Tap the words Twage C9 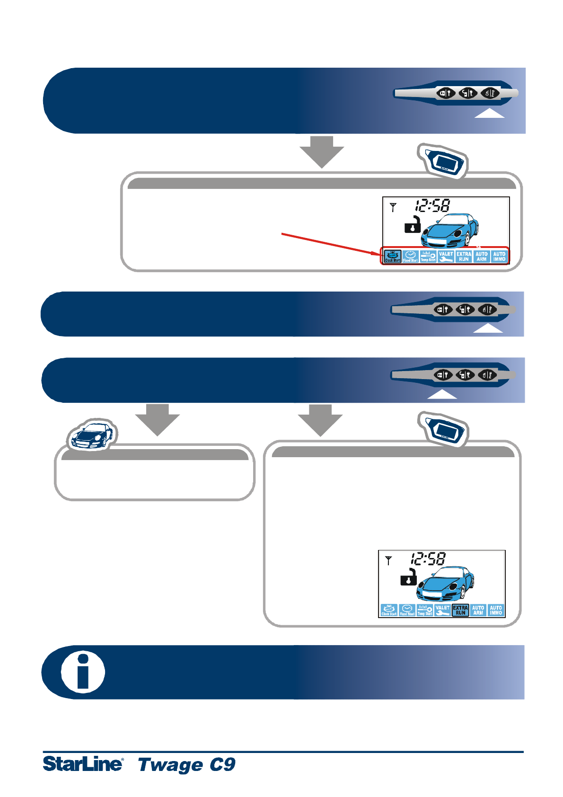pos(186,764)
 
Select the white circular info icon pos(83,672)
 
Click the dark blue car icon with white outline pos(92,435)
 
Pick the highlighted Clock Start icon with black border pos(393,257)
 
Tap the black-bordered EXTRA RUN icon pos(460,610)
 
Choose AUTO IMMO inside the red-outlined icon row pos(499,257)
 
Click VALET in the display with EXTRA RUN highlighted pos(442,610)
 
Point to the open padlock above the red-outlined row pos(413,224)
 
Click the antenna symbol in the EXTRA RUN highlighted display pos(388,560)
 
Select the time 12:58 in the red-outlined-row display pos(432,205)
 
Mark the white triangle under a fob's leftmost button pos(442,395)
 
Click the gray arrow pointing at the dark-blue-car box pos(158,419)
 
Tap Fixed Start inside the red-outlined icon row pos(410,257)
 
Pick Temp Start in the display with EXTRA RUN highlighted pos(425,610)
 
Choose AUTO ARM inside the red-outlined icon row pos(482,257)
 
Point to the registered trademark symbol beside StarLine pos(123,759)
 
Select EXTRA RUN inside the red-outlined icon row pos(464,257)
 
